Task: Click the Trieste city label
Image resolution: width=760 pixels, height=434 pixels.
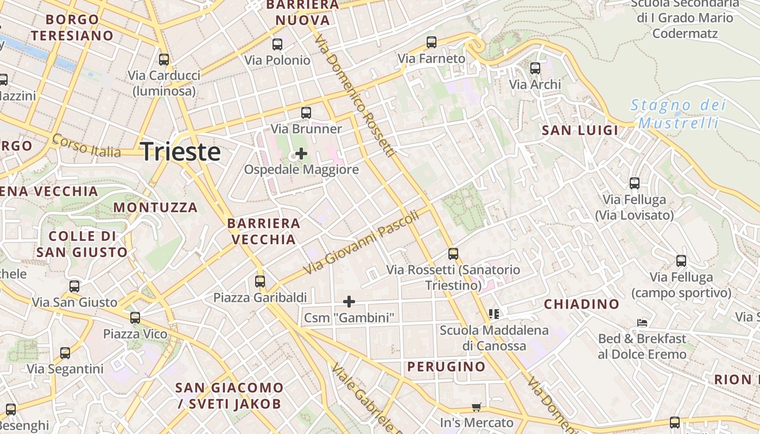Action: click(x=181, y=151)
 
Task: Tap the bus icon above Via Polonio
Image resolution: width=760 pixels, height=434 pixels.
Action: click(x=277, y=44)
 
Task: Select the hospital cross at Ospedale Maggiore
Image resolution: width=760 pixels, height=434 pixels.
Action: click(x=301, y=154)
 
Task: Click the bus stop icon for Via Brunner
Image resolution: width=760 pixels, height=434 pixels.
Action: click(x=306, y=113)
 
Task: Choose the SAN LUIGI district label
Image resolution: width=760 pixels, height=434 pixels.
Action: click(x=580, y=130)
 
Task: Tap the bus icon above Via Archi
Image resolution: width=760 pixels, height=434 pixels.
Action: click(x=535, y=68)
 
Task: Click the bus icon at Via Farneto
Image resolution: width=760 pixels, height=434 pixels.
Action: click(x=432, y=42)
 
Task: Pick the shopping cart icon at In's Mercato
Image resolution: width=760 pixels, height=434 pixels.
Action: click(x=477, y=407)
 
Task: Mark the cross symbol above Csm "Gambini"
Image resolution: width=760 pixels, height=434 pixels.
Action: click(x=349, y=301)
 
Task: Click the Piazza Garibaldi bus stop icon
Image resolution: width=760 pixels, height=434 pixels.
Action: click(x=260, y=282)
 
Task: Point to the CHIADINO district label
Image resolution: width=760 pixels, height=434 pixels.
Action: click(x=581, y=304)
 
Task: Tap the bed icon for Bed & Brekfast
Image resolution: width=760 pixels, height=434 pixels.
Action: click(x=642, y=323)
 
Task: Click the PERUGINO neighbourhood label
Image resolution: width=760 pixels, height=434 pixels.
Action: click(x=446, y=367)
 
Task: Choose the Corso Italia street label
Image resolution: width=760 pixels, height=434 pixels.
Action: click(x=87, y=146)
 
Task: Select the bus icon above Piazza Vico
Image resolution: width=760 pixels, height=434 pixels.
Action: click(x=135, y=318)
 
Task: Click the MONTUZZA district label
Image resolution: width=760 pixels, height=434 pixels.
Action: click(x=155, y=207)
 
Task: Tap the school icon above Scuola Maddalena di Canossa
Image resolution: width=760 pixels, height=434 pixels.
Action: click(x=494, y=314)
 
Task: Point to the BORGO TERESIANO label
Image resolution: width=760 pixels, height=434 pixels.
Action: click(x=72, y=28)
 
